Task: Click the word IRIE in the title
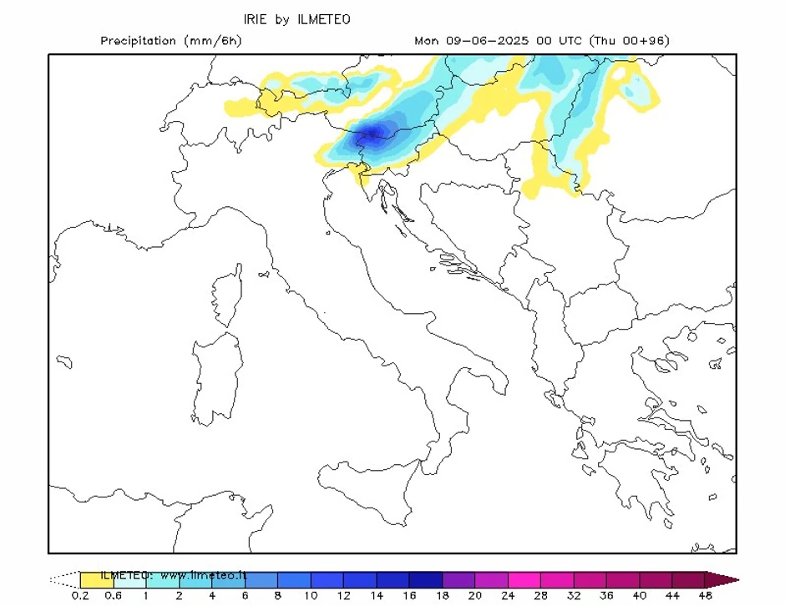pyautogui.click(x=256, y=18)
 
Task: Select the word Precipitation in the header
pyautogui.click(x=139, y=41)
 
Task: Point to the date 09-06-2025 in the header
pyautogui.click(x=489, y=41)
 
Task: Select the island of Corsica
pyautogui.click(x=227, y=296)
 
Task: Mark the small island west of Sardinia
pyautogui.click(x=64, y=361)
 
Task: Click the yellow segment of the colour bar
pyautogui.click(x=96, y=579)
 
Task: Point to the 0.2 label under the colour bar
pyautogui.click(x=81, y=596)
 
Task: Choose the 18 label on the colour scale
pyautogui.click(x=442, y=596)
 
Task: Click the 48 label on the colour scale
pyautogui.click(x=704, y=596)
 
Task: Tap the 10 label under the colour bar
pyautogui.click(x=311, y=596)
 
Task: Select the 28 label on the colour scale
pyautogui.click(x=540, y=596)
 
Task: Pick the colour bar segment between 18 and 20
pyautogui.click(x=458, y=579)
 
